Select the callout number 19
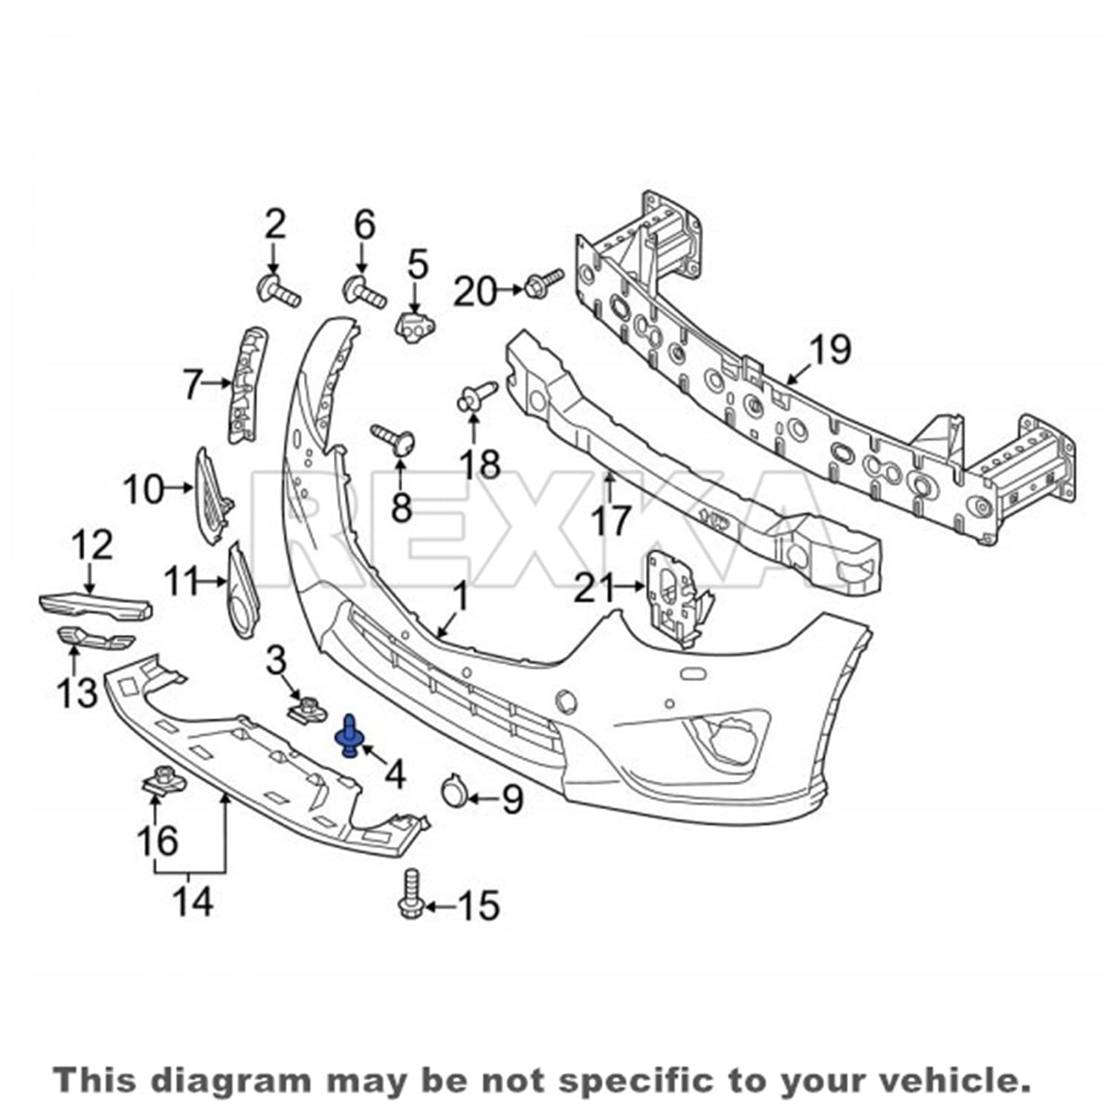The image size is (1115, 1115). [830, 349]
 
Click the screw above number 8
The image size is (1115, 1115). [395, 439]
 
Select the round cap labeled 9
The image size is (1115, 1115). [453, 791]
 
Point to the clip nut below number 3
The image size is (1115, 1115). [306, 709]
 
